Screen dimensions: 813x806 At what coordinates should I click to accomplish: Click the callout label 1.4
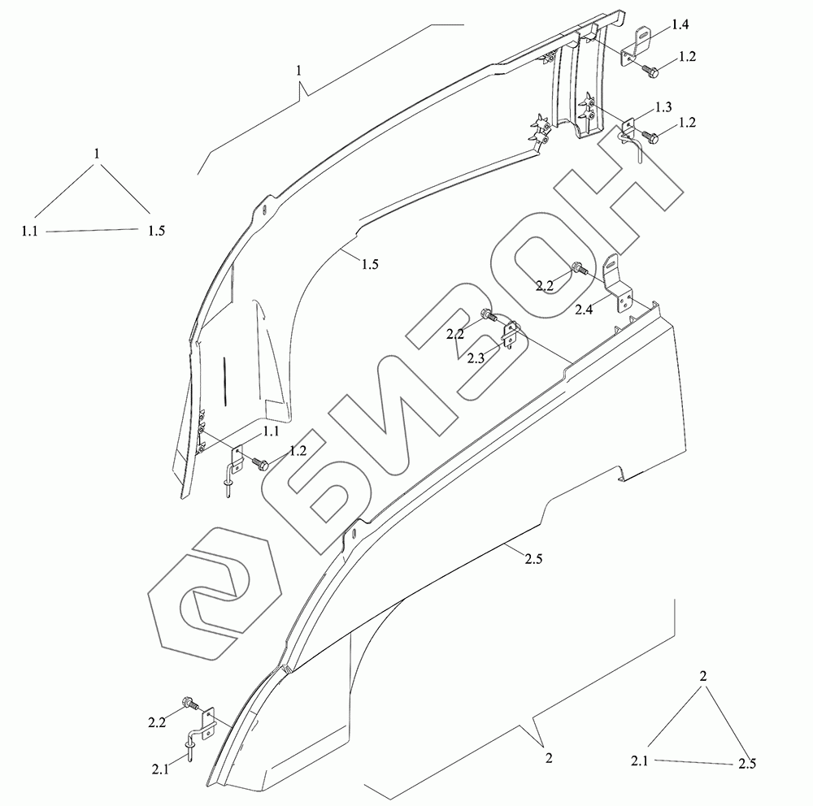(680, 25)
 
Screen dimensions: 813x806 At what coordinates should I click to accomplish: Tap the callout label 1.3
(663, 107)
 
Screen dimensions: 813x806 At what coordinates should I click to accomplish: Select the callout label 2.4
(583, 310)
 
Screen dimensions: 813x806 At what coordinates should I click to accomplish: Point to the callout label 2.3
(476, 358)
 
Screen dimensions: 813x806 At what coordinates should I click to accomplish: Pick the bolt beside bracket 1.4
(650, 71)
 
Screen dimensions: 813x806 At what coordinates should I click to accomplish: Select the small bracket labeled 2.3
(511, 335)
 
